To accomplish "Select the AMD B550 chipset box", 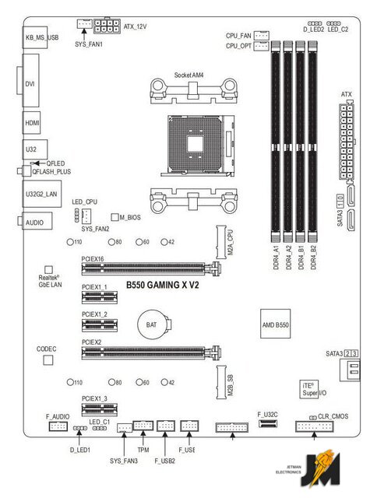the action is click(x=275, y=324).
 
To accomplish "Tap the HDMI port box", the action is click(x=31, y=123).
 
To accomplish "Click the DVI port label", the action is click(x=30, y=84).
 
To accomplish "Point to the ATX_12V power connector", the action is click(x=107, y=26).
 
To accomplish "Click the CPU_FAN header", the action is click(x=262, y=35).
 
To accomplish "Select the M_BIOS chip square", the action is click(x=115, y=217).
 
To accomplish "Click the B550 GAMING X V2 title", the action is click(x=163, y=285).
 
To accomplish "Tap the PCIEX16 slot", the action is click(x=150, y=268).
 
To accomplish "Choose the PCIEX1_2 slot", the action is click(x=100, y=325).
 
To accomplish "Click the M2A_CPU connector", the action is click(x=221, y=242).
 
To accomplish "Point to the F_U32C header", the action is click(x=267, y=423).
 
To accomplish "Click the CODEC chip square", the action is click(x=48, y=359).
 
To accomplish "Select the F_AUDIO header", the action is click(x=58, y=426).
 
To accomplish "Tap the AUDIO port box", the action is click(x=37, y=221).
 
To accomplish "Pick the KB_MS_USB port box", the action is click(x=35, y=37).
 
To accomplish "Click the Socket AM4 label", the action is click(x=188, y=75).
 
